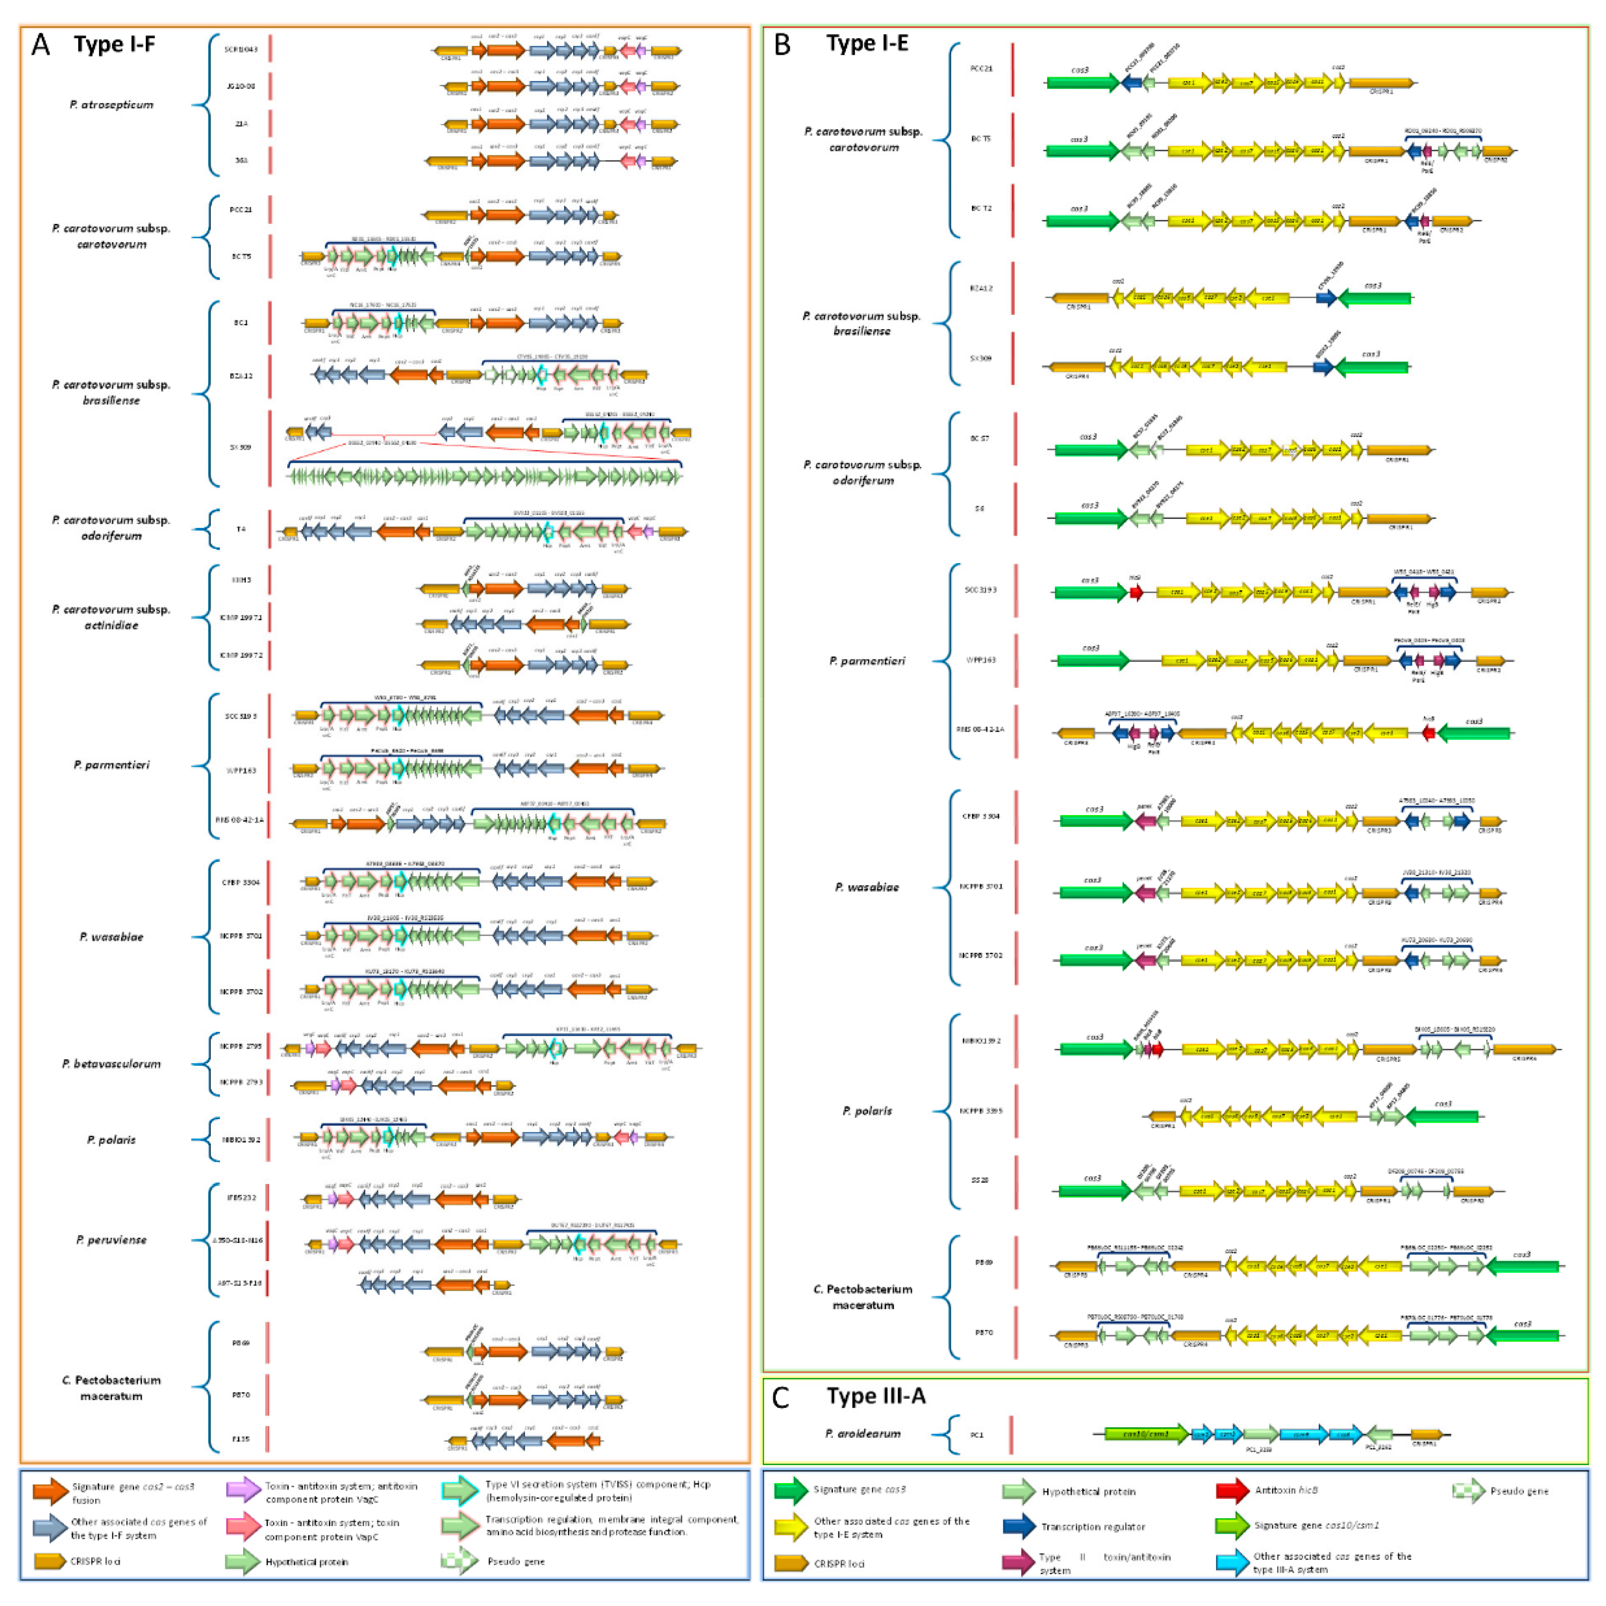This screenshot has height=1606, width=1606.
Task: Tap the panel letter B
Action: point(781,44)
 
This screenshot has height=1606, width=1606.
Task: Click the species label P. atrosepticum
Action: point(111,105)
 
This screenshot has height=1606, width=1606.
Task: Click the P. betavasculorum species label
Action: point(111,1063)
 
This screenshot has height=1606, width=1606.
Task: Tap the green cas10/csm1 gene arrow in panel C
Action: point(1145,1434)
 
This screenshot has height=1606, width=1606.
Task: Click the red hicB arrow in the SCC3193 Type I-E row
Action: point(1135,592)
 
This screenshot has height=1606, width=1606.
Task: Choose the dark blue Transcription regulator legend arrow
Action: point(1019,1526)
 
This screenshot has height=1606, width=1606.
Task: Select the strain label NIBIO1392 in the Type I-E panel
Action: point(981,1041)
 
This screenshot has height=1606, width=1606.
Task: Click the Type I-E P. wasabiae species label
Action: point(867,887)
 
